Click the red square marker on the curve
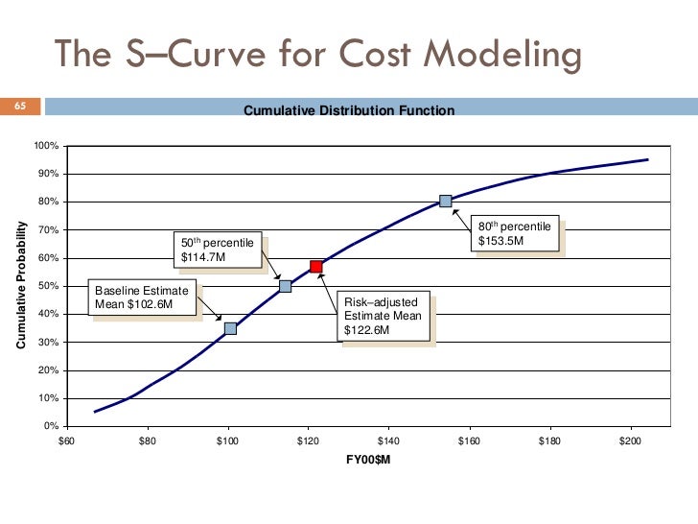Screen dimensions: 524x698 point(315,266)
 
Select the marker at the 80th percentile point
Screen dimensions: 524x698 point(445,201)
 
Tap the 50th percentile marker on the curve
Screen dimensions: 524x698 point(285,286)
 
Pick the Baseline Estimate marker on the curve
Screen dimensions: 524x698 point(230,328)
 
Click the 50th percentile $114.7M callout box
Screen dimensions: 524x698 point(218,250)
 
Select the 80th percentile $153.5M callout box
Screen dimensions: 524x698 point(516,233)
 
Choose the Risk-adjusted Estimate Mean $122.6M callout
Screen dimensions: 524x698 point(386,316)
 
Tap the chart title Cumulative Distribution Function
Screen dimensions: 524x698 point(349,111)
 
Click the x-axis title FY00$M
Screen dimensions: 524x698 point(368,460)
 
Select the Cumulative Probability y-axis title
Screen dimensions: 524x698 point(21,285)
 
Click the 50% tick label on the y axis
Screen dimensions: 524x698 point(49,286)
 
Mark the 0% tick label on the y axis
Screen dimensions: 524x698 point(52,426)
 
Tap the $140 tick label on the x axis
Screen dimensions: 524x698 point(387,441)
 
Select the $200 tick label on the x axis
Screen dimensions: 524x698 point(628,441)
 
